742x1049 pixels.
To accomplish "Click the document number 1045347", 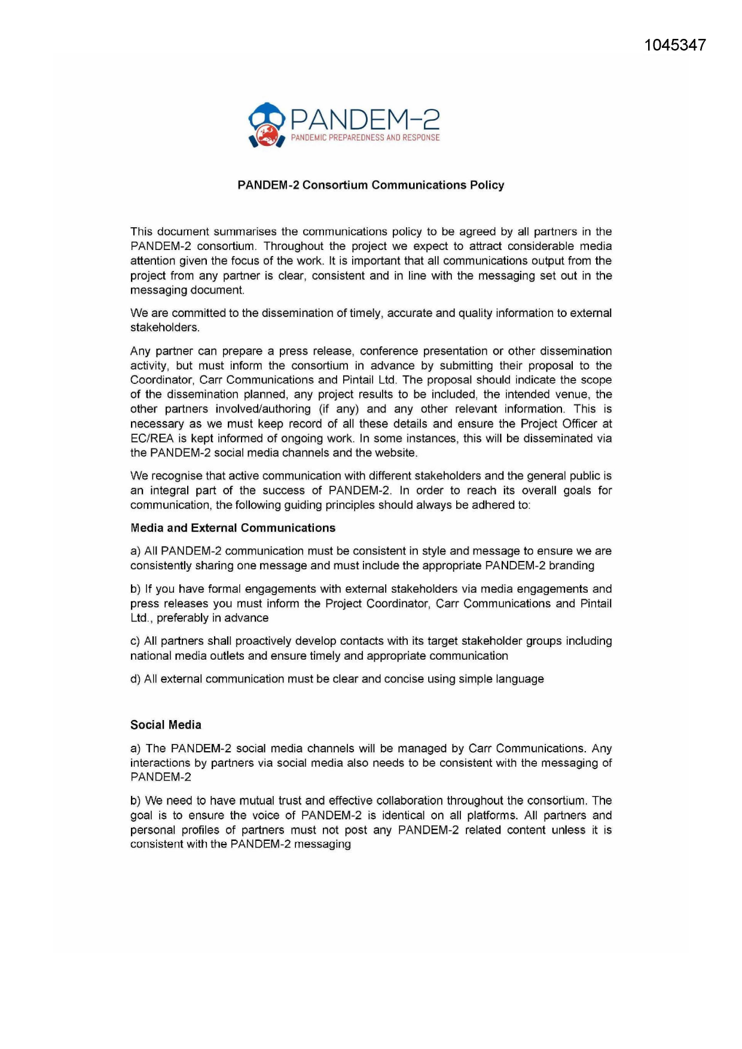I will pyautogui.click(x=675, y=45).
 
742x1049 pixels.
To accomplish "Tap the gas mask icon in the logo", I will pyautogui.click(x=267, y=125).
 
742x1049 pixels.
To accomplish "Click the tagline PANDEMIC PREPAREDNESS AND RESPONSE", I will pyautogui.click(x=365, y=138).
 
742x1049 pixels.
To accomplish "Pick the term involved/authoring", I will pyautogui.click(x=263, y=409).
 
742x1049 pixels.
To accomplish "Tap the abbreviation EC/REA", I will pyautogui.click(x=152, y=438).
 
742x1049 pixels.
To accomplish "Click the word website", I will pyautogui.click(x=395, y=453).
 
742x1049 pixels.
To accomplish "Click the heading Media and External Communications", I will pyautogui.click(x=233, y=528).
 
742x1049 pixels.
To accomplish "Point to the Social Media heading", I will pyautogui.click(x=166, y=725).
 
